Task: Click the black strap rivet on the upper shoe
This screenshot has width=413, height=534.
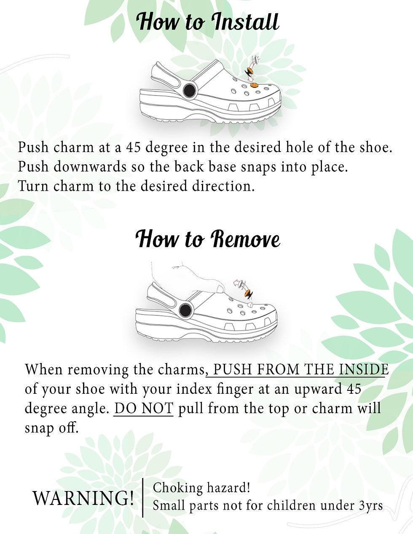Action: click(x=190, y=90)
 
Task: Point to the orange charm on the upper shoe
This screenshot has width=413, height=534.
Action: click(x=254, y=85)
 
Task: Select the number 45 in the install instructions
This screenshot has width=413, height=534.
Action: click(x=134, y=147)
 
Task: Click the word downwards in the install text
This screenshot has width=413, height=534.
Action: click(x=90, y=167)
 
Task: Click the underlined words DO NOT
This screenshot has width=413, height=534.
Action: click(x=144, y=408)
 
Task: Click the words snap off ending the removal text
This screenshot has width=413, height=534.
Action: click(x=51, y=427)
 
